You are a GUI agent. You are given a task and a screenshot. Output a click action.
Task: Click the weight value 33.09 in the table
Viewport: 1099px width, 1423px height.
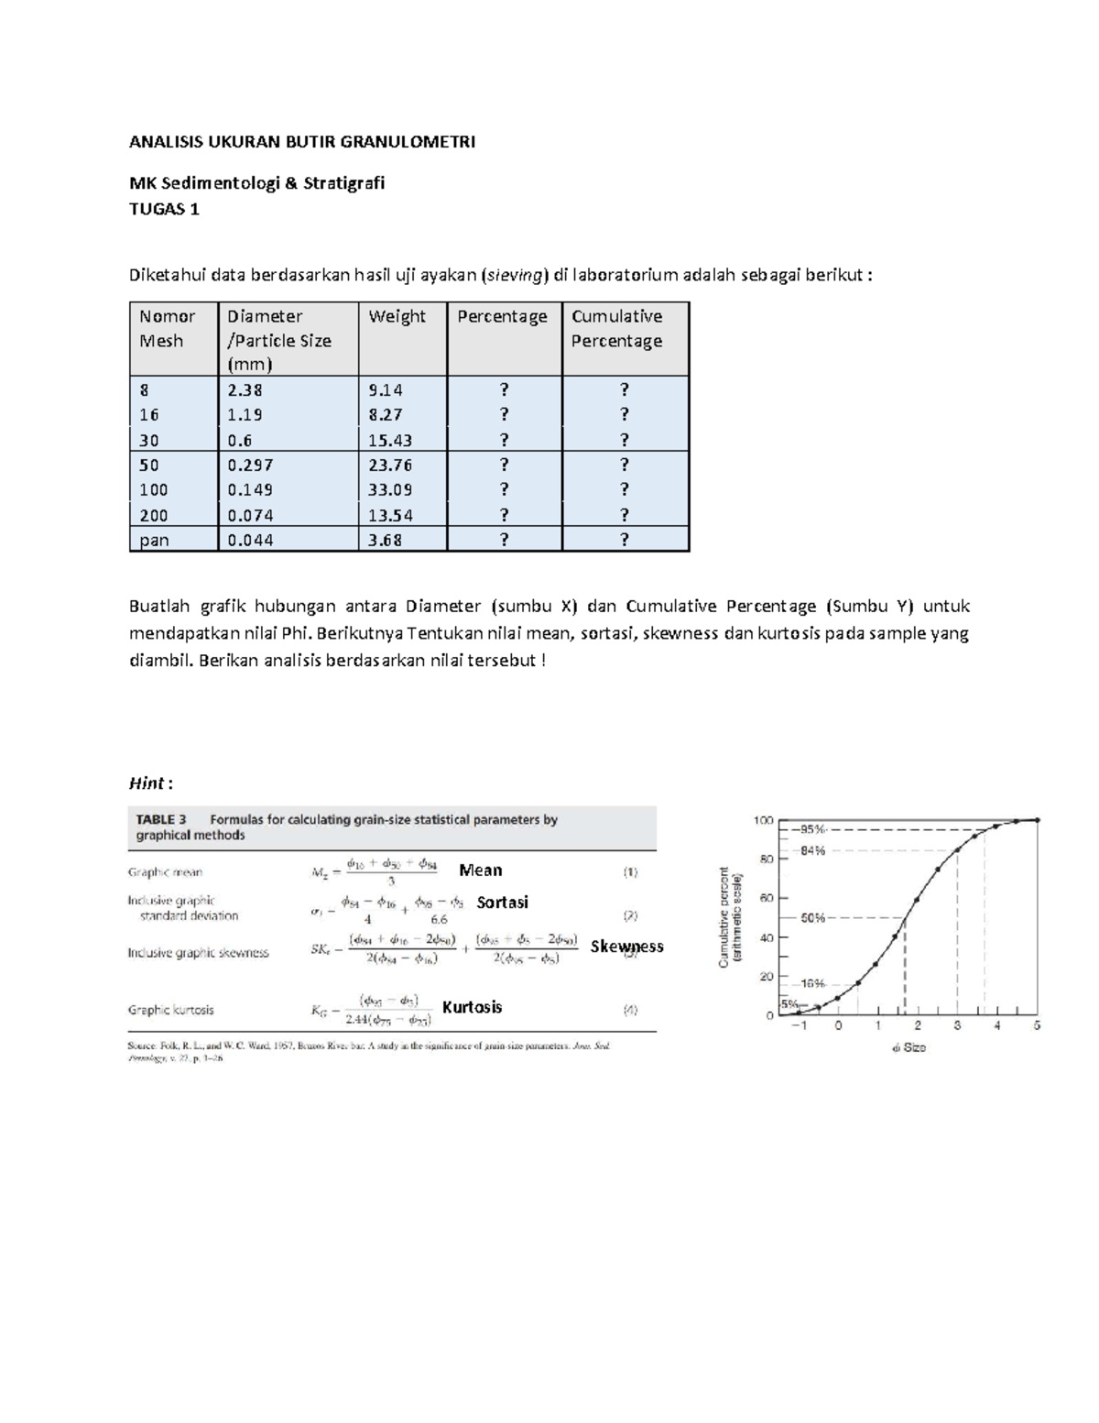pyautogui.click(x=390, y=489)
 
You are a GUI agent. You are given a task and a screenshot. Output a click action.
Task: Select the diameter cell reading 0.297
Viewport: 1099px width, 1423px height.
pyautogui.click(x=250, y=465)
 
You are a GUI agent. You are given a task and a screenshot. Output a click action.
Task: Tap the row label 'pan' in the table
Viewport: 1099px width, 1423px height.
pyautogui.click(x=154, y=540)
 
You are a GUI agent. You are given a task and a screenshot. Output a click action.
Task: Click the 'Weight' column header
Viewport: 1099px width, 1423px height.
pyautogui.click(x=397, y=316)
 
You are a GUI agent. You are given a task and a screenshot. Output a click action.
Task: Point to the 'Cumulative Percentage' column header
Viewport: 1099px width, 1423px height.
pyautogui.click(x=616, y=328)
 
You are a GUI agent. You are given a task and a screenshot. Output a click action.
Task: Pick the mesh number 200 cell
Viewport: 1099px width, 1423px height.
pyautogui.click(x=154, y=515)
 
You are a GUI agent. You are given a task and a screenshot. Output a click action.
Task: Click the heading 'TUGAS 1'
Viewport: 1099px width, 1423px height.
pyautogui.click(x=164, y=209)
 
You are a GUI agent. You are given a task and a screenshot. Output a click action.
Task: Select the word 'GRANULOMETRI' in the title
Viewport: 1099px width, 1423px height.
pyautogui.click(x=408, y=142)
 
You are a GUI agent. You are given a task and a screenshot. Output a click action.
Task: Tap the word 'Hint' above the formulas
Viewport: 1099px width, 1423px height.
pyautogui.click(x=147, y=783)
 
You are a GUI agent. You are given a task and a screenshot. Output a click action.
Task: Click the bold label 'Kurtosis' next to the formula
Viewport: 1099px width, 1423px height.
pyautogui.click(x=472, y=1007)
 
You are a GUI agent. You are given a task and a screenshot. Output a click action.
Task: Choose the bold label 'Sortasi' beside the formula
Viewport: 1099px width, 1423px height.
pyautogui.click(x=502, y=903)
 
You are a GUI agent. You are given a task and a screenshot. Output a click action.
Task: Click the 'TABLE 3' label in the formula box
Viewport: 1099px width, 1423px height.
pyautogui.click(x=161, y=820)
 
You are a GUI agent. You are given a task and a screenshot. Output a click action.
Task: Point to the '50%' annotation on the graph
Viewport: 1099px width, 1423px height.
pyautogui.click(x=812, y=917)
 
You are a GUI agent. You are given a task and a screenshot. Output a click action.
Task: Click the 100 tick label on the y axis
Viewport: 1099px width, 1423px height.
pyautogui.click(x=763, y=820)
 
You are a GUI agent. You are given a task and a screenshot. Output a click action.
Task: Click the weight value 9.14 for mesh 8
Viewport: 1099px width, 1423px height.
pyautogui.click(x=386, y=389)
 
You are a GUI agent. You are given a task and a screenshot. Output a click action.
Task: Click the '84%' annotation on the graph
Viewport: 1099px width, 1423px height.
pyautogui.click(x=812, y=850)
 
